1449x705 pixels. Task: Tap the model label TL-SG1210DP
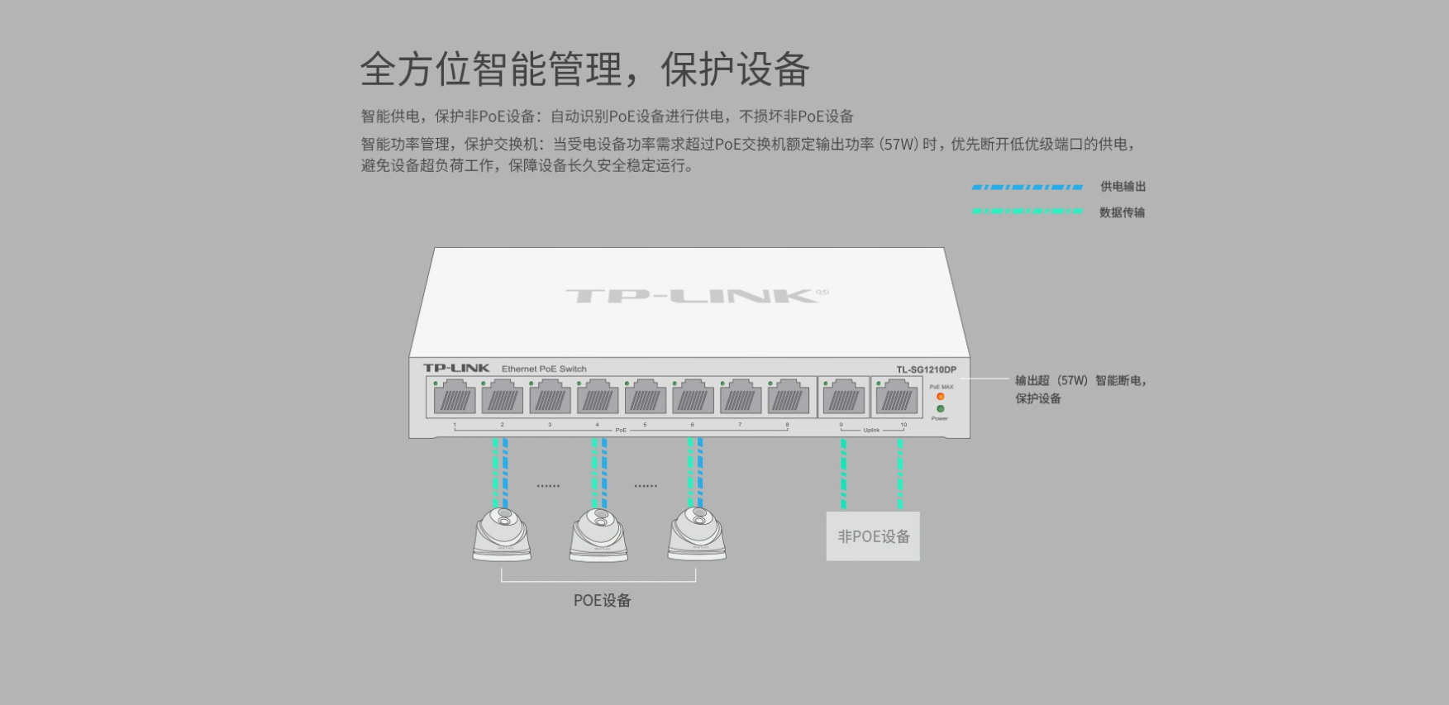[x=926, y=369]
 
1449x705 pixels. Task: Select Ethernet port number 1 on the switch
[x=455, y=398]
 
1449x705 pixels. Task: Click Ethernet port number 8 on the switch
[x=788, y=398]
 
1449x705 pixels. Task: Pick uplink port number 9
[x=843, y=398]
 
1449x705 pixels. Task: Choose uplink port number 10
[x=897, y=398]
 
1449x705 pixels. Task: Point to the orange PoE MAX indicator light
[x=940, y=397]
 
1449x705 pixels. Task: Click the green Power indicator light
[x=940, y=409]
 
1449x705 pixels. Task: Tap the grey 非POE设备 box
[x=873, y=536]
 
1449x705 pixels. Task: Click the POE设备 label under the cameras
[x=602, y=601]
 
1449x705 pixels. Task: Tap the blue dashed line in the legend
[x=1027, y=187]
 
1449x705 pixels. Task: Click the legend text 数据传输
[x=1122, y=212]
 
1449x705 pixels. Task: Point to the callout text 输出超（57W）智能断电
[x=1080, y=380]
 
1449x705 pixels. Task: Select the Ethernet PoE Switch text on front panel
[x=544, y=369]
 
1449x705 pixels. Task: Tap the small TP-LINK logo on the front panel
[x=456, y=368]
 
